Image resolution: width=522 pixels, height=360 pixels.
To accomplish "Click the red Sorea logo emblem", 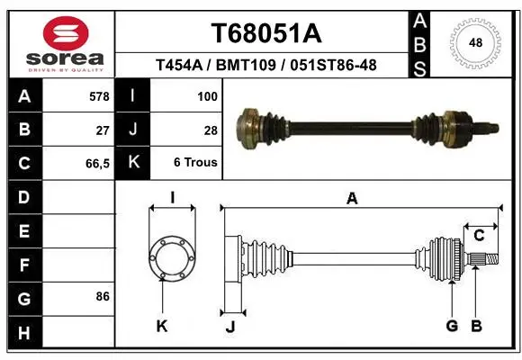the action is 66,33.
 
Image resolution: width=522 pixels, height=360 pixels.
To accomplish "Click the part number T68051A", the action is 266,33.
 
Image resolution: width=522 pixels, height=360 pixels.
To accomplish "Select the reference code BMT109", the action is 246,65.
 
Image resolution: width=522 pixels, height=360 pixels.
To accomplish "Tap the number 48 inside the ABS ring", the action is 475,42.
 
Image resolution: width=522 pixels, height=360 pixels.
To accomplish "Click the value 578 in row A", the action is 99,96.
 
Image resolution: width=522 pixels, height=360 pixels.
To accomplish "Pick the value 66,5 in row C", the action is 97,164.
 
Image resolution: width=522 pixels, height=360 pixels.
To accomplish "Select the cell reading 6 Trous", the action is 195,162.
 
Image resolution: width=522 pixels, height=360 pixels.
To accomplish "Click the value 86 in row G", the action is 103,296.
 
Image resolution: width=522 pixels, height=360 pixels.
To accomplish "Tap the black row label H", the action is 25,332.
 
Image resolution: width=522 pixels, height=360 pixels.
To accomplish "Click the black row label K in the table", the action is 133,162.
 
